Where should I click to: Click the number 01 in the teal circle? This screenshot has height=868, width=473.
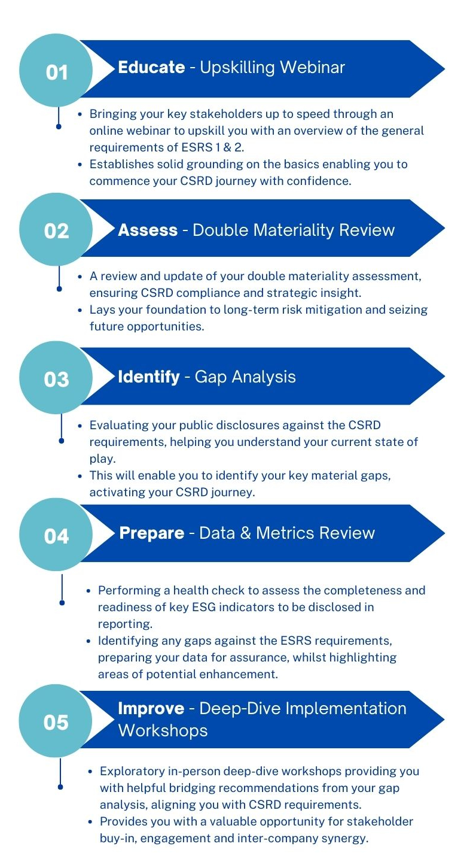point(56,72)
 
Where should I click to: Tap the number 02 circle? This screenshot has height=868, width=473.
point(56,230)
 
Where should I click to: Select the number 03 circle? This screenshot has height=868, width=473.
point(56,379)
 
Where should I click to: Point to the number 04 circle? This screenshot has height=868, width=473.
point(56,535)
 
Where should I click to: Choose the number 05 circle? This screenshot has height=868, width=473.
point(56,722)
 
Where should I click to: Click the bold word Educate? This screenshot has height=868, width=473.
point(151,67)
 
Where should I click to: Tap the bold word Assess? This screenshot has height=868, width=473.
point(148,230)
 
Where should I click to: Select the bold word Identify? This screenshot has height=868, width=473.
point(149,377)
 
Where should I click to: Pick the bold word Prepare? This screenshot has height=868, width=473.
point(152,533)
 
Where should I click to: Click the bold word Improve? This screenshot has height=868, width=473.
point(151,708)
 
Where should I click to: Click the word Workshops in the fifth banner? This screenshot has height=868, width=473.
point(163,730)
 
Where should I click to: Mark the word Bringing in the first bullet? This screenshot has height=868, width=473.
point(112,114)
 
